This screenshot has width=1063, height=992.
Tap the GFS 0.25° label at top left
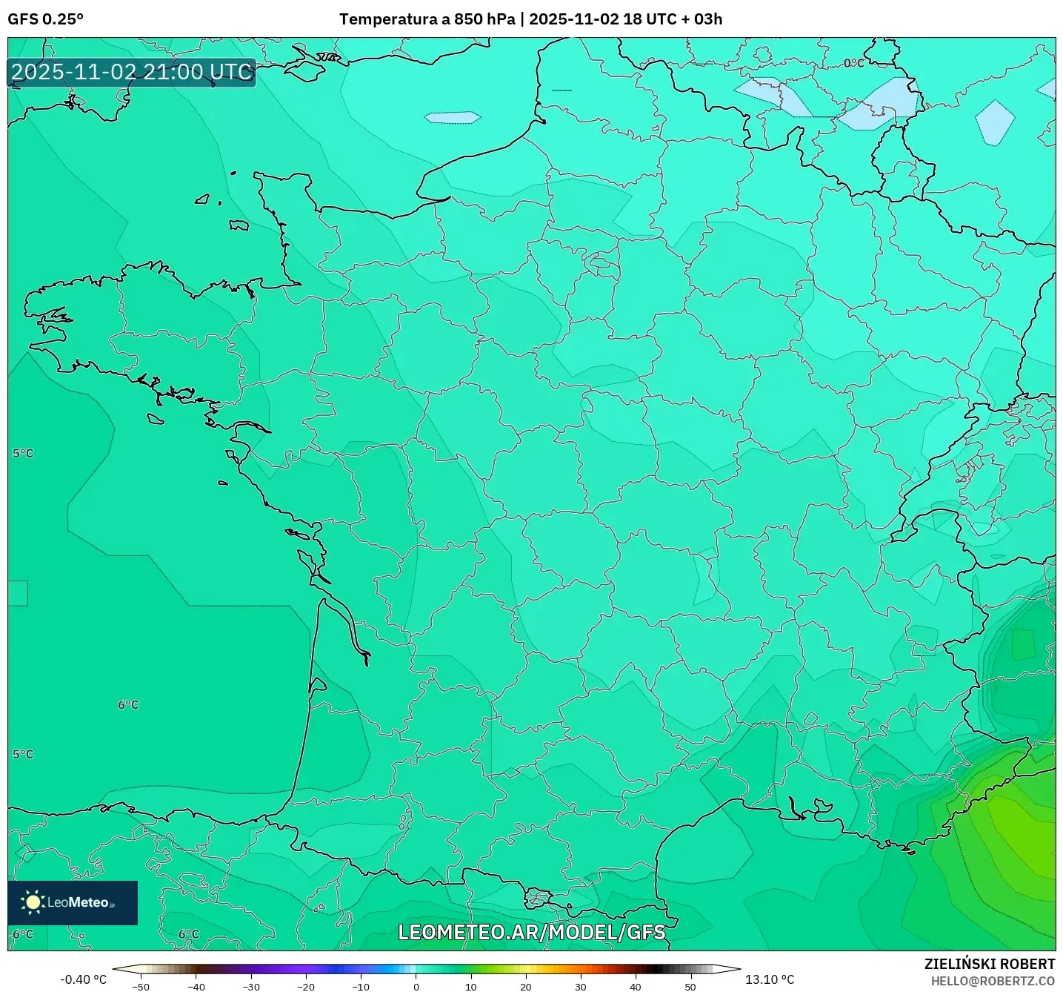(46, 19)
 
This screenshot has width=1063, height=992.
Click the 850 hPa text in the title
(484, 19)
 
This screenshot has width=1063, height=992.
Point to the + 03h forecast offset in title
(702, 19)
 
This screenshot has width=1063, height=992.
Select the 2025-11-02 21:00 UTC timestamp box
(132, 72)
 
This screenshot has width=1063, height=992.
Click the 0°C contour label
(854, 63)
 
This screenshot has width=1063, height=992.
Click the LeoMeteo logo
(73, 902)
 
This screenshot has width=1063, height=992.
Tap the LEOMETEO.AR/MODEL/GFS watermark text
(531, 932)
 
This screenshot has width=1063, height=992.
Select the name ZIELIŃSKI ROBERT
(989, 964)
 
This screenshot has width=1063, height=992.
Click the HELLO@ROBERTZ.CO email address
(992, 981)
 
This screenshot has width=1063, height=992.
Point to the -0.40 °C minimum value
(83, 979)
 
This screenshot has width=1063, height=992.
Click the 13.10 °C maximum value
(770, 979)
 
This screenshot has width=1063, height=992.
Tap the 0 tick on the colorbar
(416, 987)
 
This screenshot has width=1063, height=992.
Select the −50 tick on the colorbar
(140, 987)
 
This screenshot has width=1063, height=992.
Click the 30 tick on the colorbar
(581, 987)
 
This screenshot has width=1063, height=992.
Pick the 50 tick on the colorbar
(690, 987)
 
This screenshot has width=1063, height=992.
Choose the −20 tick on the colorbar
(305, 987)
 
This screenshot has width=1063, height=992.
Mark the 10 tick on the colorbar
(471, 987)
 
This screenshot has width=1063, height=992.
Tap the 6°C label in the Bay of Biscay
(128, 704)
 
